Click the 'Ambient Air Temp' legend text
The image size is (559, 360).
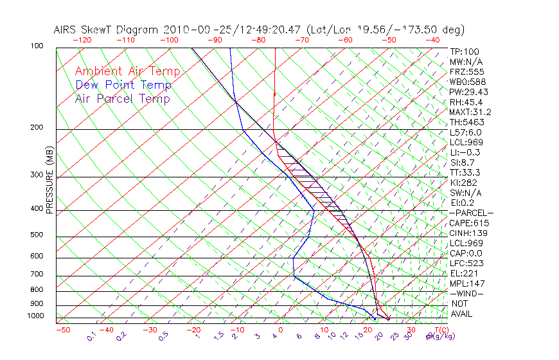click(x=127, y=71)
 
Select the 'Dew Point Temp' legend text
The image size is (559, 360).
click(x=123, y=85)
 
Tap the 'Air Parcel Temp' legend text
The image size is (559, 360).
click(x=123, y=98)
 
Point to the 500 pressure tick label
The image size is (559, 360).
click(x=37, y=235)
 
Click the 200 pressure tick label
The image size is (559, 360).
click(x=37, y=128)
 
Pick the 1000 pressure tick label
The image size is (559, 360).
click(x=35, y=316)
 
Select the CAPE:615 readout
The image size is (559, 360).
click(x=467, y=223)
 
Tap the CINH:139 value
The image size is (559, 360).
click(x=467, y=233)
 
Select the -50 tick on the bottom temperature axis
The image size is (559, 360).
click(x=62, y=330)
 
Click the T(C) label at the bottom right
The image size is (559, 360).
click(x=440, y=330)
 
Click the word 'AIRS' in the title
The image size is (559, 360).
click(x=67, y=30)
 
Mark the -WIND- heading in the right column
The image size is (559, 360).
click(x=467, y=293)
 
